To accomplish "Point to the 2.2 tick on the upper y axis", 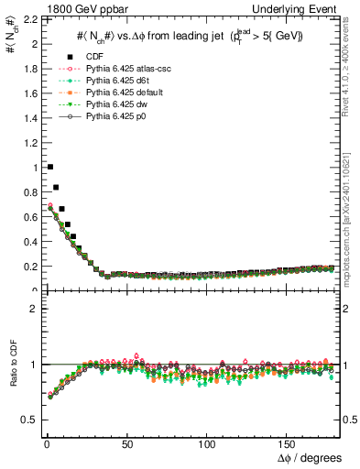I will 27,19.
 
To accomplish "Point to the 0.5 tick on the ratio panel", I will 27,420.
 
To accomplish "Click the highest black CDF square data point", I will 49,167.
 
